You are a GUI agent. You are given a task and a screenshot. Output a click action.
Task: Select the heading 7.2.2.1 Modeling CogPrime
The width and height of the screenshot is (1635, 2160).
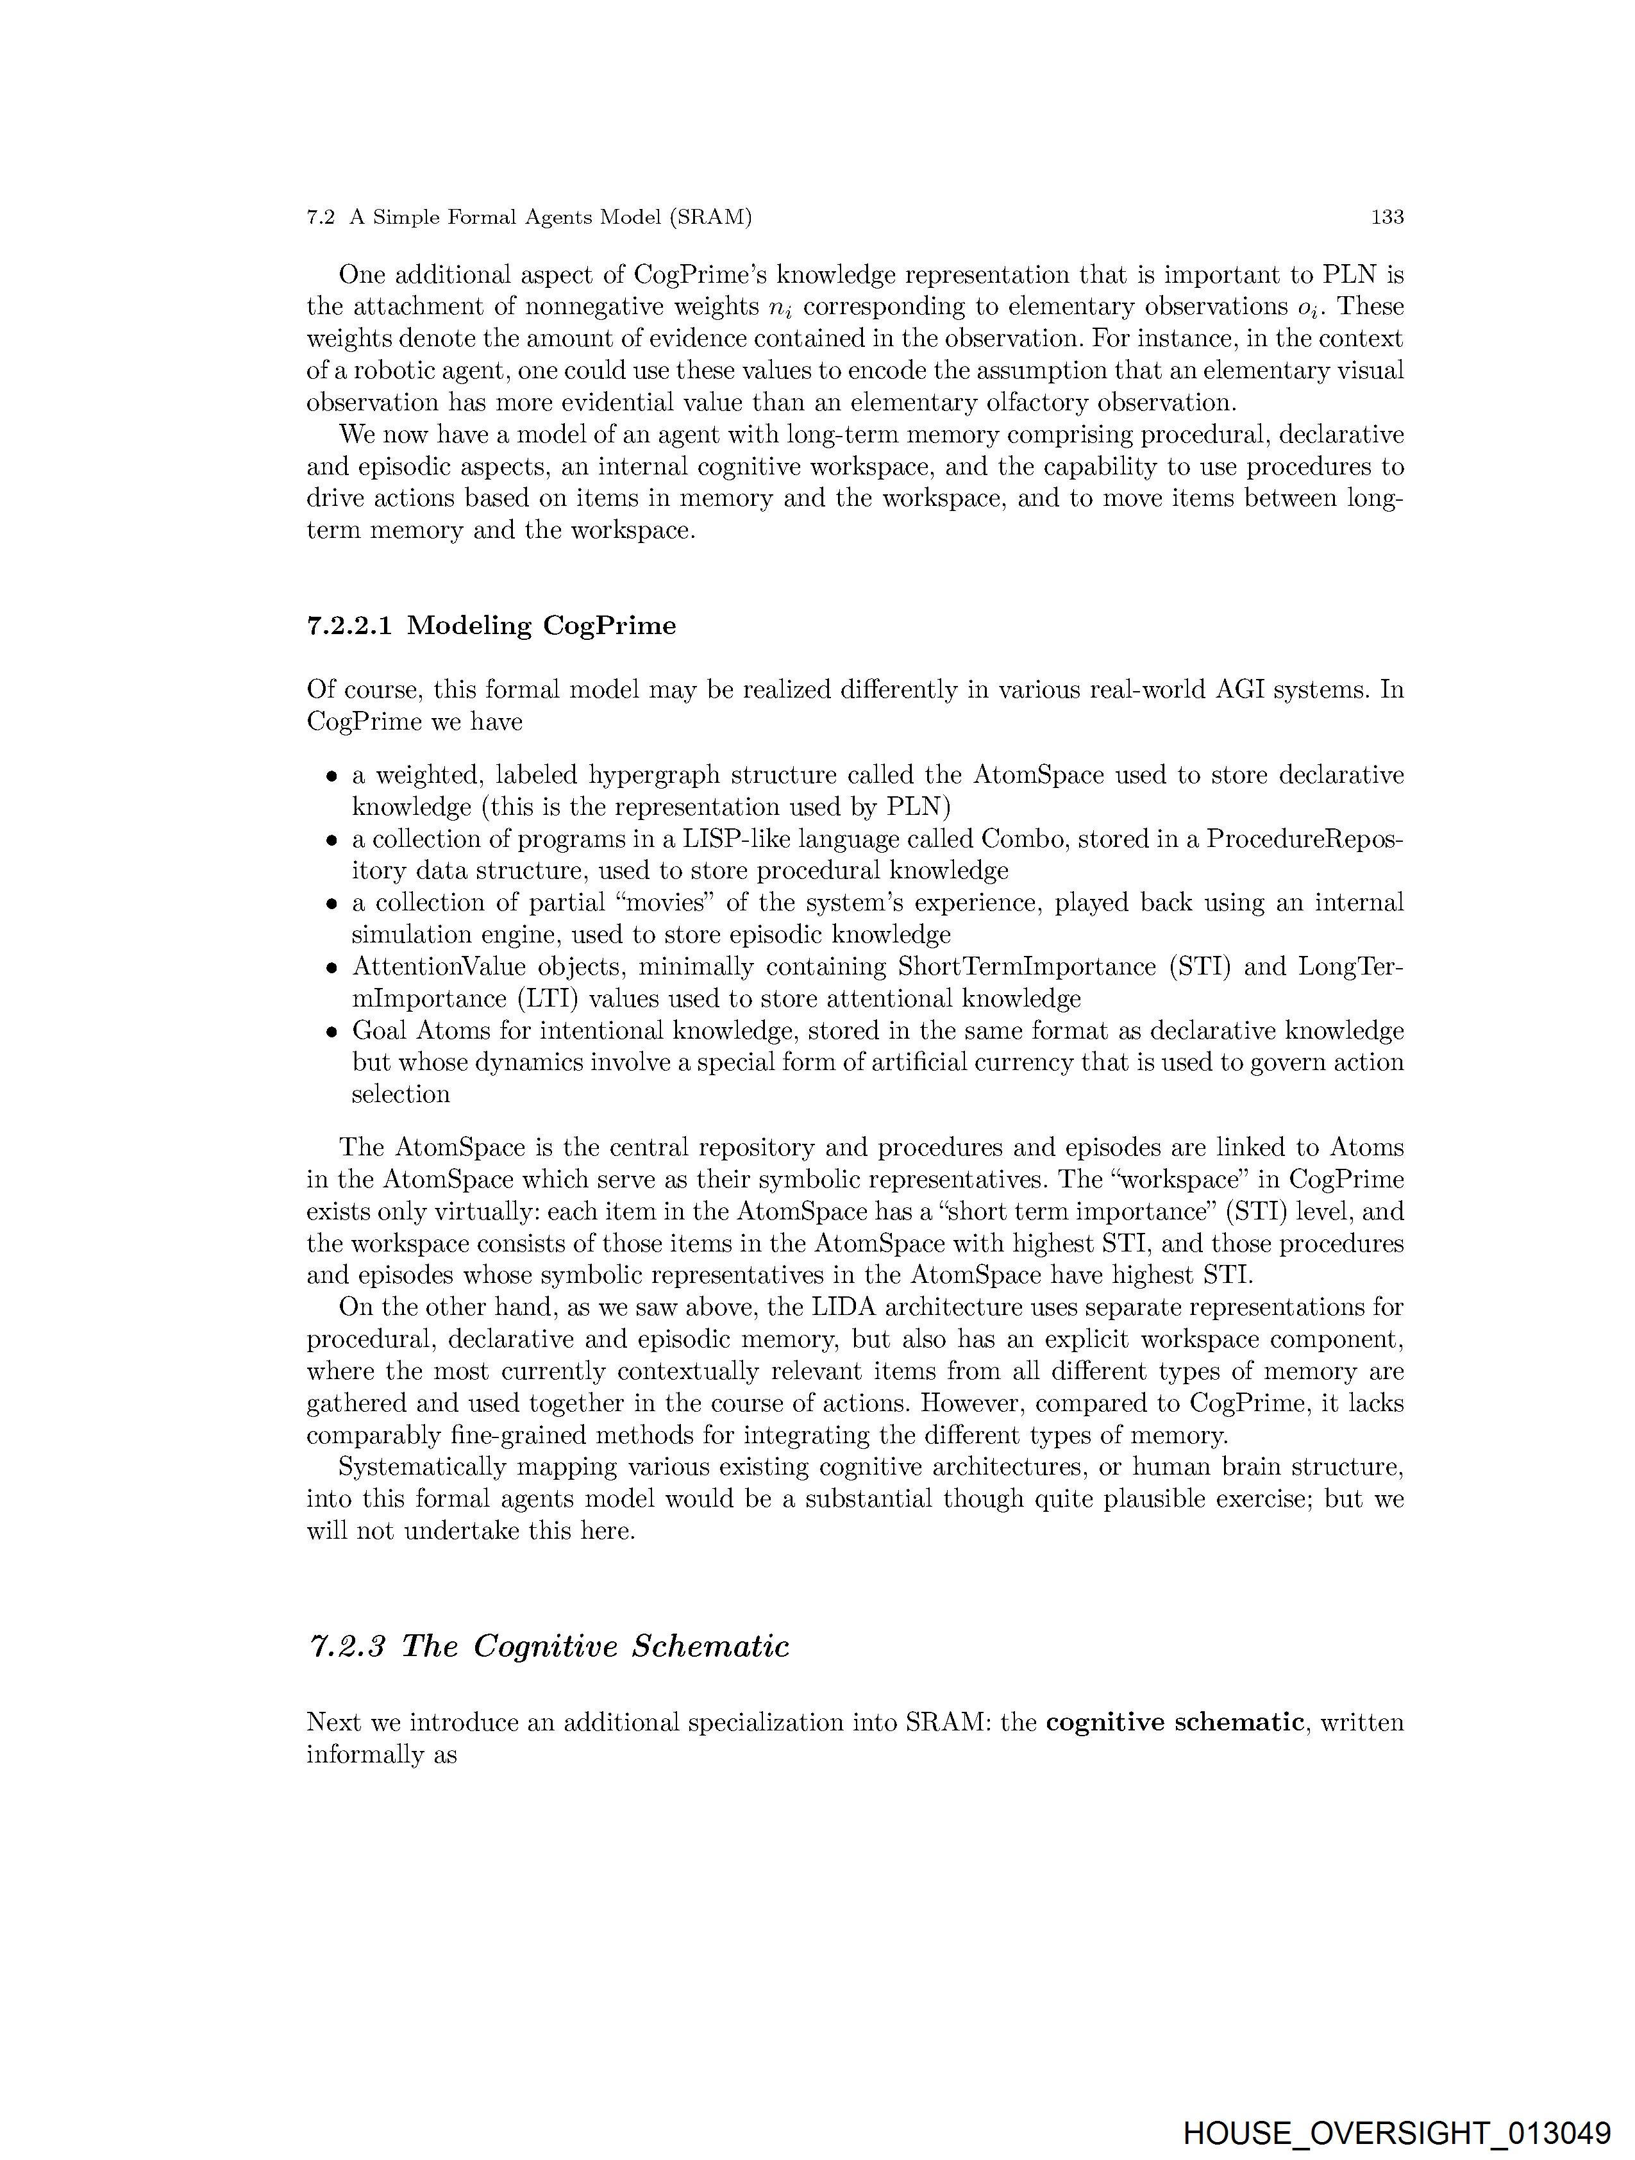tap(491, 626)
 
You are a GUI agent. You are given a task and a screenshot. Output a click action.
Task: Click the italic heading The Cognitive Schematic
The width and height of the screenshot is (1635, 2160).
tap(548, 1646)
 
